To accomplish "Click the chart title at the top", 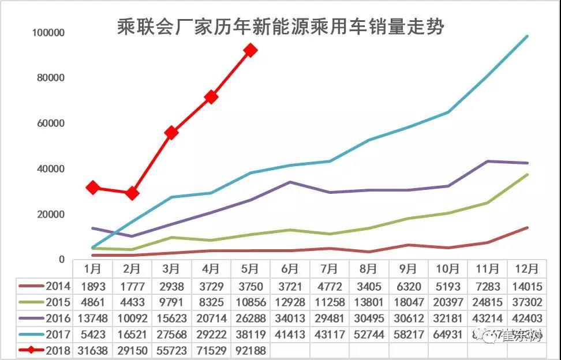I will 280,27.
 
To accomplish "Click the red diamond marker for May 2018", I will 250,50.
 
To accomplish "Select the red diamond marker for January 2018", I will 92,187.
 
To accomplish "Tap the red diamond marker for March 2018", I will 171,133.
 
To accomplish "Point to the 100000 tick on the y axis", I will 48,33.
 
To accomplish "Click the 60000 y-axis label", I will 50,123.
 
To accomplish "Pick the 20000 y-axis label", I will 50,215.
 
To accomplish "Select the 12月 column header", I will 526,269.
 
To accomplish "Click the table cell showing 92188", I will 250,350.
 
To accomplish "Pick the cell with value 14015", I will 526,286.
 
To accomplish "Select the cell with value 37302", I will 526,302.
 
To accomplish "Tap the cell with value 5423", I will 92,334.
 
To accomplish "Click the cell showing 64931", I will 447,334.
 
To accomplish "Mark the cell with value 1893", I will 92,286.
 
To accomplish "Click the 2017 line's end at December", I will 526,36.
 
